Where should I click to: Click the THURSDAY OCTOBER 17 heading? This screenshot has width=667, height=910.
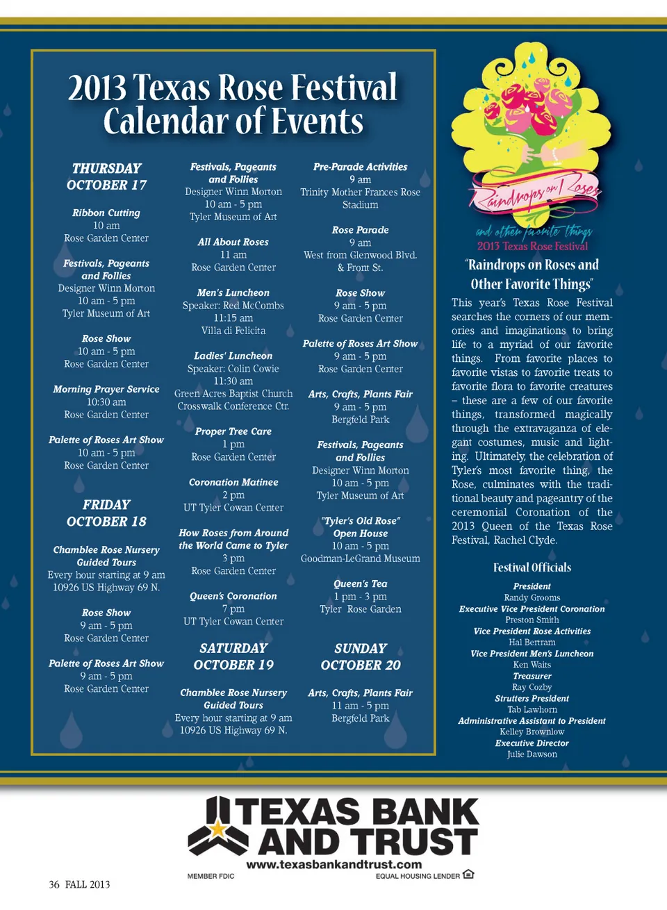106,176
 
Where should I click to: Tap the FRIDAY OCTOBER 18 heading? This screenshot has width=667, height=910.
106,513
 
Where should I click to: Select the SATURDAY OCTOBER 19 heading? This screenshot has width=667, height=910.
233,656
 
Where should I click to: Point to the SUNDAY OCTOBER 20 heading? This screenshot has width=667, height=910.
361,656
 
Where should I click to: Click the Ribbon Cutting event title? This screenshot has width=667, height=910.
106,213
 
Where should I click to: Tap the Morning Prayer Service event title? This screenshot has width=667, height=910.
106,389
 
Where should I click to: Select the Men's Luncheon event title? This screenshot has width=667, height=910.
233,292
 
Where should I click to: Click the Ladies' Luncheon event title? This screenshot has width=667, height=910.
233,356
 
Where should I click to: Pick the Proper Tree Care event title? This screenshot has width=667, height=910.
233,431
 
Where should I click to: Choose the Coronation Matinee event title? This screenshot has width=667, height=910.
233,482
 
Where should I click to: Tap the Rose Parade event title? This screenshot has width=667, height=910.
361,230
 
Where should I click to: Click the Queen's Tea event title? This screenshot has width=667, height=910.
361,584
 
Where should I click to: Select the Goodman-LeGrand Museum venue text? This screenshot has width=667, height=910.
361,559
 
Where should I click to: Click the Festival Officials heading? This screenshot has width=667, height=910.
532,568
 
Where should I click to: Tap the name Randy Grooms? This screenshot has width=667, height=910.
532,597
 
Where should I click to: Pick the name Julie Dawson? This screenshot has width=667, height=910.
532,754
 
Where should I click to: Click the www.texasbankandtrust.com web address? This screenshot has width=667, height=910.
334,865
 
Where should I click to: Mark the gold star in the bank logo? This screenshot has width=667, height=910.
218,828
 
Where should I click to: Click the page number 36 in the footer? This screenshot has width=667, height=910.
54,884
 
